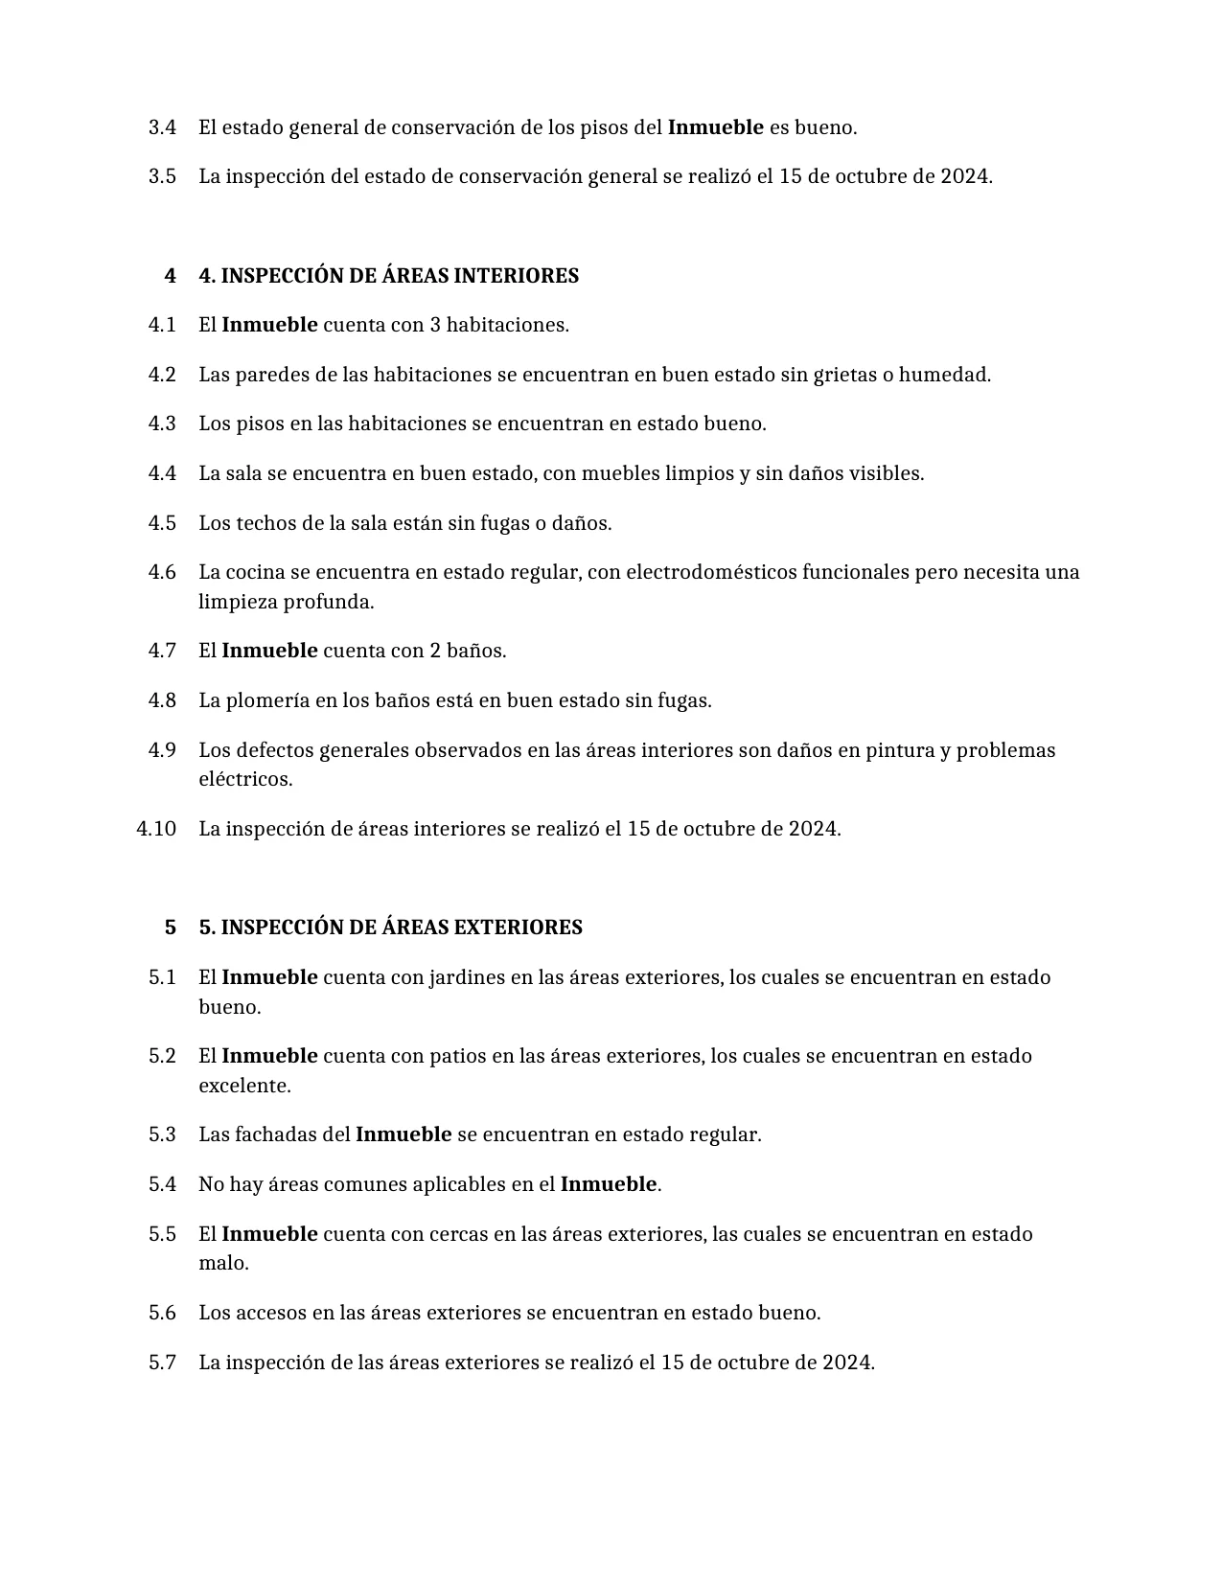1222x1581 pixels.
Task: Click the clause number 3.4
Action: [162, 127]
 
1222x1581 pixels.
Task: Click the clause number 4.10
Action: [156, 829]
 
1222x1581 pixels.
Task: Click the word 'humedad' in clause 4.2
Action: [949, 375]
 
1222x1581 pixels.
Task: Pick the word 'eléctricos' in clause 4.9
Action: [244, 779]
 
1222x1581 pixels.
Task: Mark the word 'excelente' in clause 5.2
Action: [243, 1086]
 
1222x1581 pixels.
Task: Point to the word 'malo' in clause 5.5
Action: [222, 1263]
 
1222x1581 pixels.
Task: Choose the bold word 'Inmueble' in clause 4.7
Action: [269, 651]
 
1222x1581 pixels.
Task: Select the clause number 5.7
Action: [162, 1363]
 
